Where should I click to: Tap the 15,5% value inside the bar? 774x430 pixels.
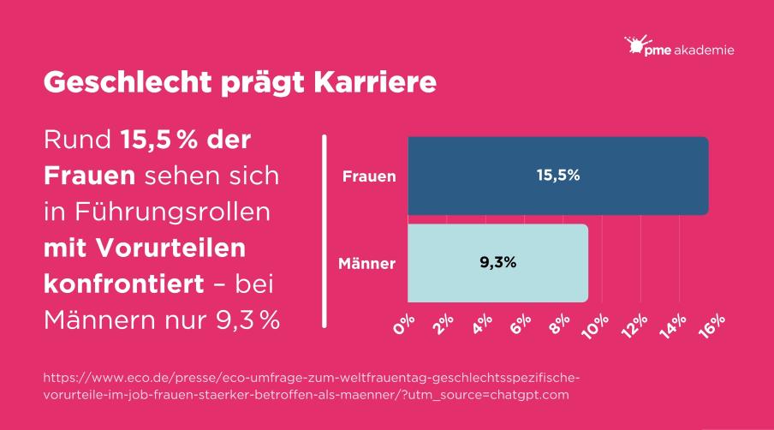point(558,176)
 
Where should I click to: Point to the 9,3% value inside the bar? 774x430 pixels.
point(497,263)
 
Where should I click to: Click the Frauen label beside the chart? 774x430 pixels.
point(369,177)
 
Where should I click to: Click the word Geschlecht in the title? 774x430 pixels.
point(119,82)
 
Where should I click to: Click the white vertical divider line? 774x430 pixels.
point(324,230)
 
